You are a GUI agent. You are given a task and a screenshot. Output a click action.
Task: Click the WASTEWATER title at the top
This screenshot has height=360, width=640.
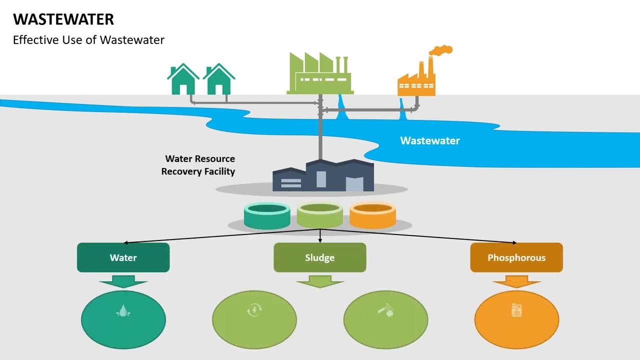(x=63, y=19)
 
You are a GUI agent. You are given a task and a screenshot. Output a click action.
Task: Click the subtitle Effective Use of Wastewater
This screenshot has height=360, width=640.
(x=88, y=40)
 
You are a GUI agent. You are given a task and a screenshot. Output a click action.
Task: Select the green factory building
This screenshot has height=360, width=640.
(x=320, y=75)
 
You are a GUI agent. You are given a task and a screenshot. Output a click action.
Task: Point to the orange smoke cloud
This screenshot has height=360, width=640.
(x=441, y=50)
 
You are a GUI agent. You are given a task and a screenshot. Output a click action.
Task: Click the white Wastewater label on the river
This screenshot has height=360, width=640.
(x=429, y=140)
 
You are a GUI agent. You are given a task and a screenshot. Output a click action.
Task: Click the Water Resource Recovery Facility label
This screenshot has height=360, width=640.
(x=198, y=165)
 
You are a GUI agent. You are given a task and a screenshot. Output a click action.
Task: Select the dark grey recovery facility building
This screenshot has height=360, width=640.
(x=323, y=176)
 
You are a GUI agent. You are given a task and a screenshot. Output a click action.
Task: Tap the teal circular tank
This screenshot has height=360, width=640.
(x=267, y=216)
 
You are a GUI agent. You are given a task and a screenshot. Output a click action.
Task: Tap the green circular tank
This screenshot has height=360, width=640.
(x=320, y=215)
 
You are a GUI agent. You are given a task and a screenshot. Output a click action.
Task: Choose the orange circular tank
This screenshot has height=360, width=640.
(x=372, y=216)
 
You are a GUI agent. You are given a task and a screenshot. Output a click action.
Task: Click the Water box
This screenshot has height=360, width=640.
(x=123, y=257)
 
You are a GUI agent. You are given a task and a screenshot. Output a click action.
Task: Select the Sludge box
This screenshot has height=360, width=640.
(x=320, y=257)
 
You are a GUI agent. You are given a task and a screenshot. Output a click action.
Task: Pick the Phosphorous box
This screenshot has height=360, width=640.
(x=516, y=257)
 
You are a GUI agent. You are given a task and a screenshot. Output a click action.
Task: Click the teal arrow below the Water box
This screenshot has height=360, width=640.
(x=123, y=281)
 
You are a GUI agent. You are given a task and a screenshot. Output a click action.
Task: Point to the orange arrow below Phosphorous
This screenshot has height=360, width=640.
(x=516, y=281)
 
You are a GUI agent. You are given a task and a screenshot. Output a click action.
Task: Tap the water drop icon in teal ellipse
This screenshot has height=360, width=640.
(x=123, y=311)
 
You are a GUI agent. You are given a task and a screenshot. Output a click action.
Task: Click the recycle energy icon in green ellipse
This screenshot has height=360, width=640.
(x=254, y=310)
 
